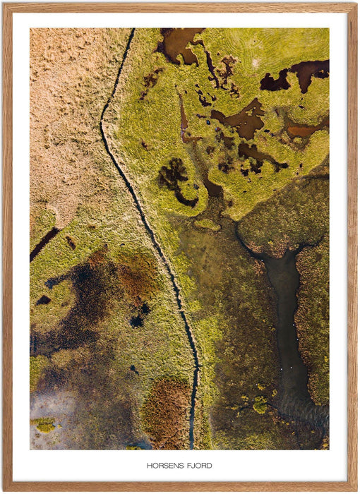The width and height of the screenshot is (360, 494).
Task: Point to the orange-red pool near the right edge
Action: pyautogui.click(x=302, y=131)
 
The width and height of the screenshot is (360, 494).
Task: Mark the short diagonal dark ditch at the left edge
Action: pyautogui.click(x=44, y=243)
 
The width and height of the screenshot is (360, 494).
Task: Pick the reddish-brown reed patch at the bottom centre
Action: pyautogui.click(x=167, y=413)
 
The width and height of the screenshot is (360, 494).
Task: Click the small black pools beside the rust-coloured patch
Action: pyautogui.click(x=138, y=315)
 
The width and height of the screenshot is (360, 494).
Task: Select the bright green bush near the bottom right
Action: pyautogui.click(x=260, y=404)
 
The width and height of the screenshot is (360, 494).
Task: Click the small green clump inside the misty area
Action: pyautogui.click(x=44, y=424)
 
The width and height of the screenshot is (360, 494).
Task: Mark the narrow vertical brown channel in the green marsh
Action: pyautogui.click(x=183, y=116)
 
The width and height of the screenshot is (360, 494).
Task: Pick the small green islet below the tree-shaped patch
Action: pyautogui.click(x=207, y=224)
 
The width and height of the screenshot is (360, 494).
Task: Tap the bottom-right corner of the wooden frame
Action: pyautogui.click(x=355, y=489)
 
